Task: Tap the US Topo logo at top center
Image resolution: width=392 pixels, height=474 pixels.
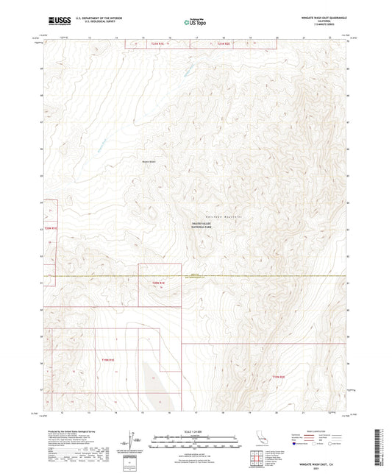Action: [195, 22]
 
